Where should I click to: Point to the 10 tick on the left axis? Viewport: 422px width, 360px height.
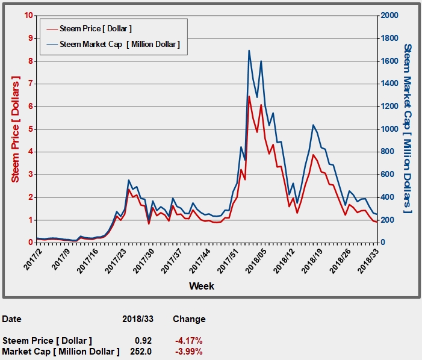[28, 15]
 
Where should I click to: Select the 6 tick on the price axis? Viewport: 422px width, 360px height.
[29, 106]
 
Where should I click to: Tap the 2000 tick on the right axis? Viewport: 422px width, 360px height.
[390, 15]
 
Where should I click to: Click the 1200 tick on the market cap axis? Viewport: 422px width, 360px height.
[390, 106]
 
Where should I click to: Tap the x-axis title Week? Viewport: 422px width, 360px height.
[201, 286]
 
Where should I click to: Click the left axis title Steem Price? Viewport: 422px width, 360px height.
[16, 129]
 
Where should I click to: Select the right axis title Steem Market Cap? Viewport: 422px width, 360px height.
[408, 128]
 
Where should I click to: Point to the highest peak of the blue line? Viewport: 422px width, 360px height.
[249, 51]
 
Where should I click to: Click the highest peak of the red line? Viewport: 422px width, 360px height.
[249, 96]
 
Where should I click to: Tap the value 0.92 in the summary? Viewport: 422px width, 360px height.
[143, 340]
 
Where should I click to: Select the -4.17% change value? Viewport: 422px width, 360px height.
[188, 340]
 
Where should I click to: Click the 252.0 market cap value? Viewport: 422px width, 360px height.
[141, 351]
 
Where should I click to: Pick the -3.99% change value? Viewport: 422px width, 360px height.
[188, 351]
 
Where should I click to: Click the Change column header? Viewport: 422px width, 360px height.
[189, 319]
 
